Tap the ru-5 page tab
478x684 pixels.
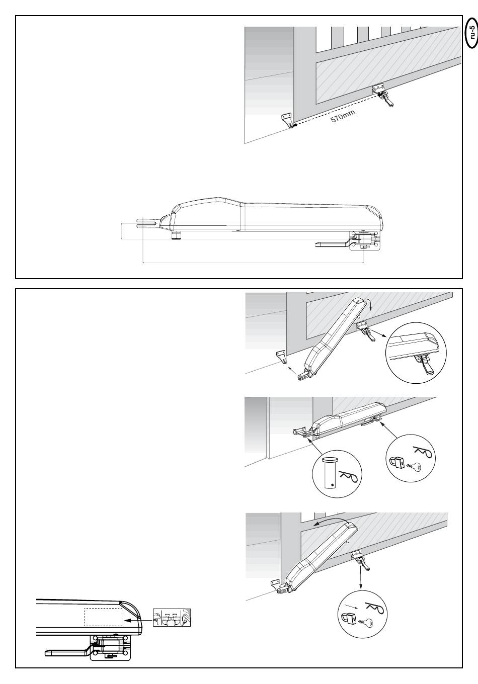(x=470, y=33)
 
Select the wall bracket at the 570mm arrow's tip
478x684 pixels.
(x=287, y=121)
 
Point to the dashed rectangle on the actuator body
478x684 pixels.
(x=103, y=617)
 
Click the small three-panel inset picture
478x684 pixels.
(x=173, y=618)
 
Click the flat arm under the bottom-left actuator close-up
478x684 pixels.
(x=68, y=652)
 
